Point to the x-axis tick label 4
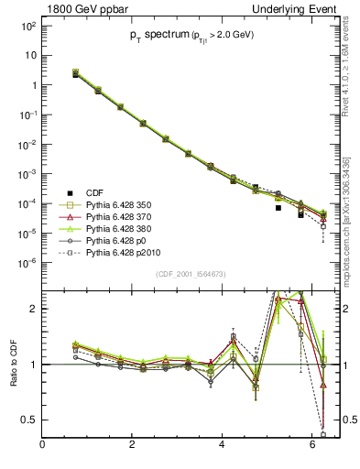point(224,445)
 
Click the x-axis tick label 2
point(134,445)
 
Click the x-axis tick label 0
point(43,445)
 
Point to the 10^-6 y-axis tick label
point(27,262)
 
